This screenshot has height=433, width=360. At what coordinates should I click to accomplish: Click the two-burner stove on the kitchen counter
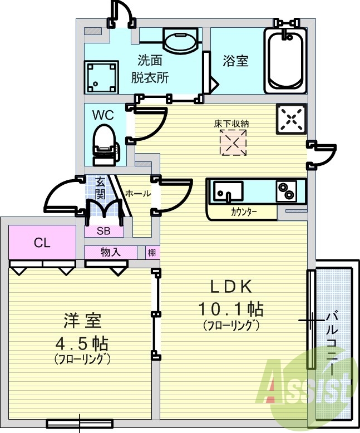pos(288,192)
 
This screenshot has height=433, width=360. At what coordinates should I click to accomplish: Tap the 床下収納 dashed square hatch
pos(233,143)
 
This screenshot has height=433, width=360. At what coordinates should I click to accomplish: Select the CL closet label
pos(41,242)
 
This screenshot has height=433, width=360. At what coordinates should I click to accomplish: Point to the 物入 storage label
pos(110,253)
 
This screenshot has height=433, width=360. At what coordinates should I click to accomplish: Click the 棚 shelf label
pos(152,253)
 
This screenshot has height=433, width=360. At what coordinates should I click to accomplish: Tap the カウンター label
pos(244,211)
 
